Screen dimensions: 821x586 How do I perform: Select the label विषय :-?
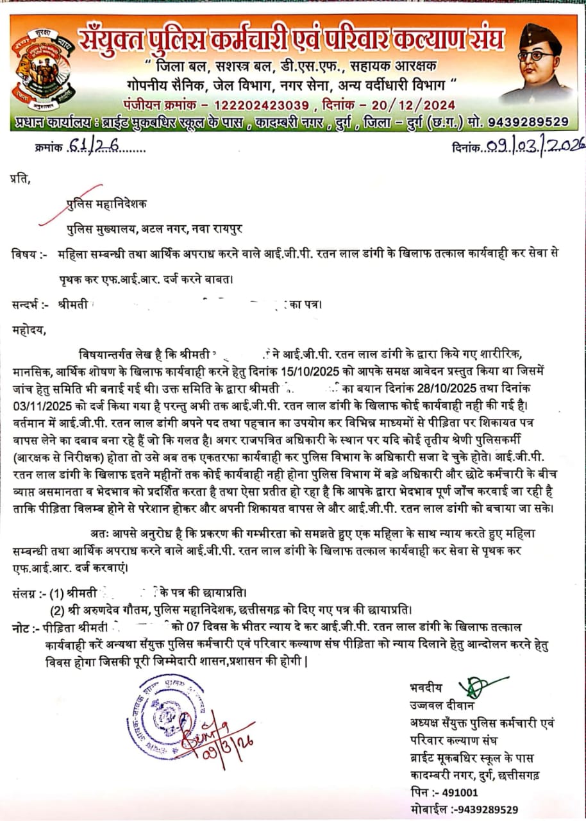point(29,254)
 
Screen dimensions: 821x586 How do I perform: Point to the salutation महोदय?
point(29,330)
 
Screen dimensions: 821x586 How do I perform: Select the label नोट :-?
point(25,626)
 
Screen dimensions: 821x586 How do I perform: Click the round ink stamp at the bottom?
point(165,716)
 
